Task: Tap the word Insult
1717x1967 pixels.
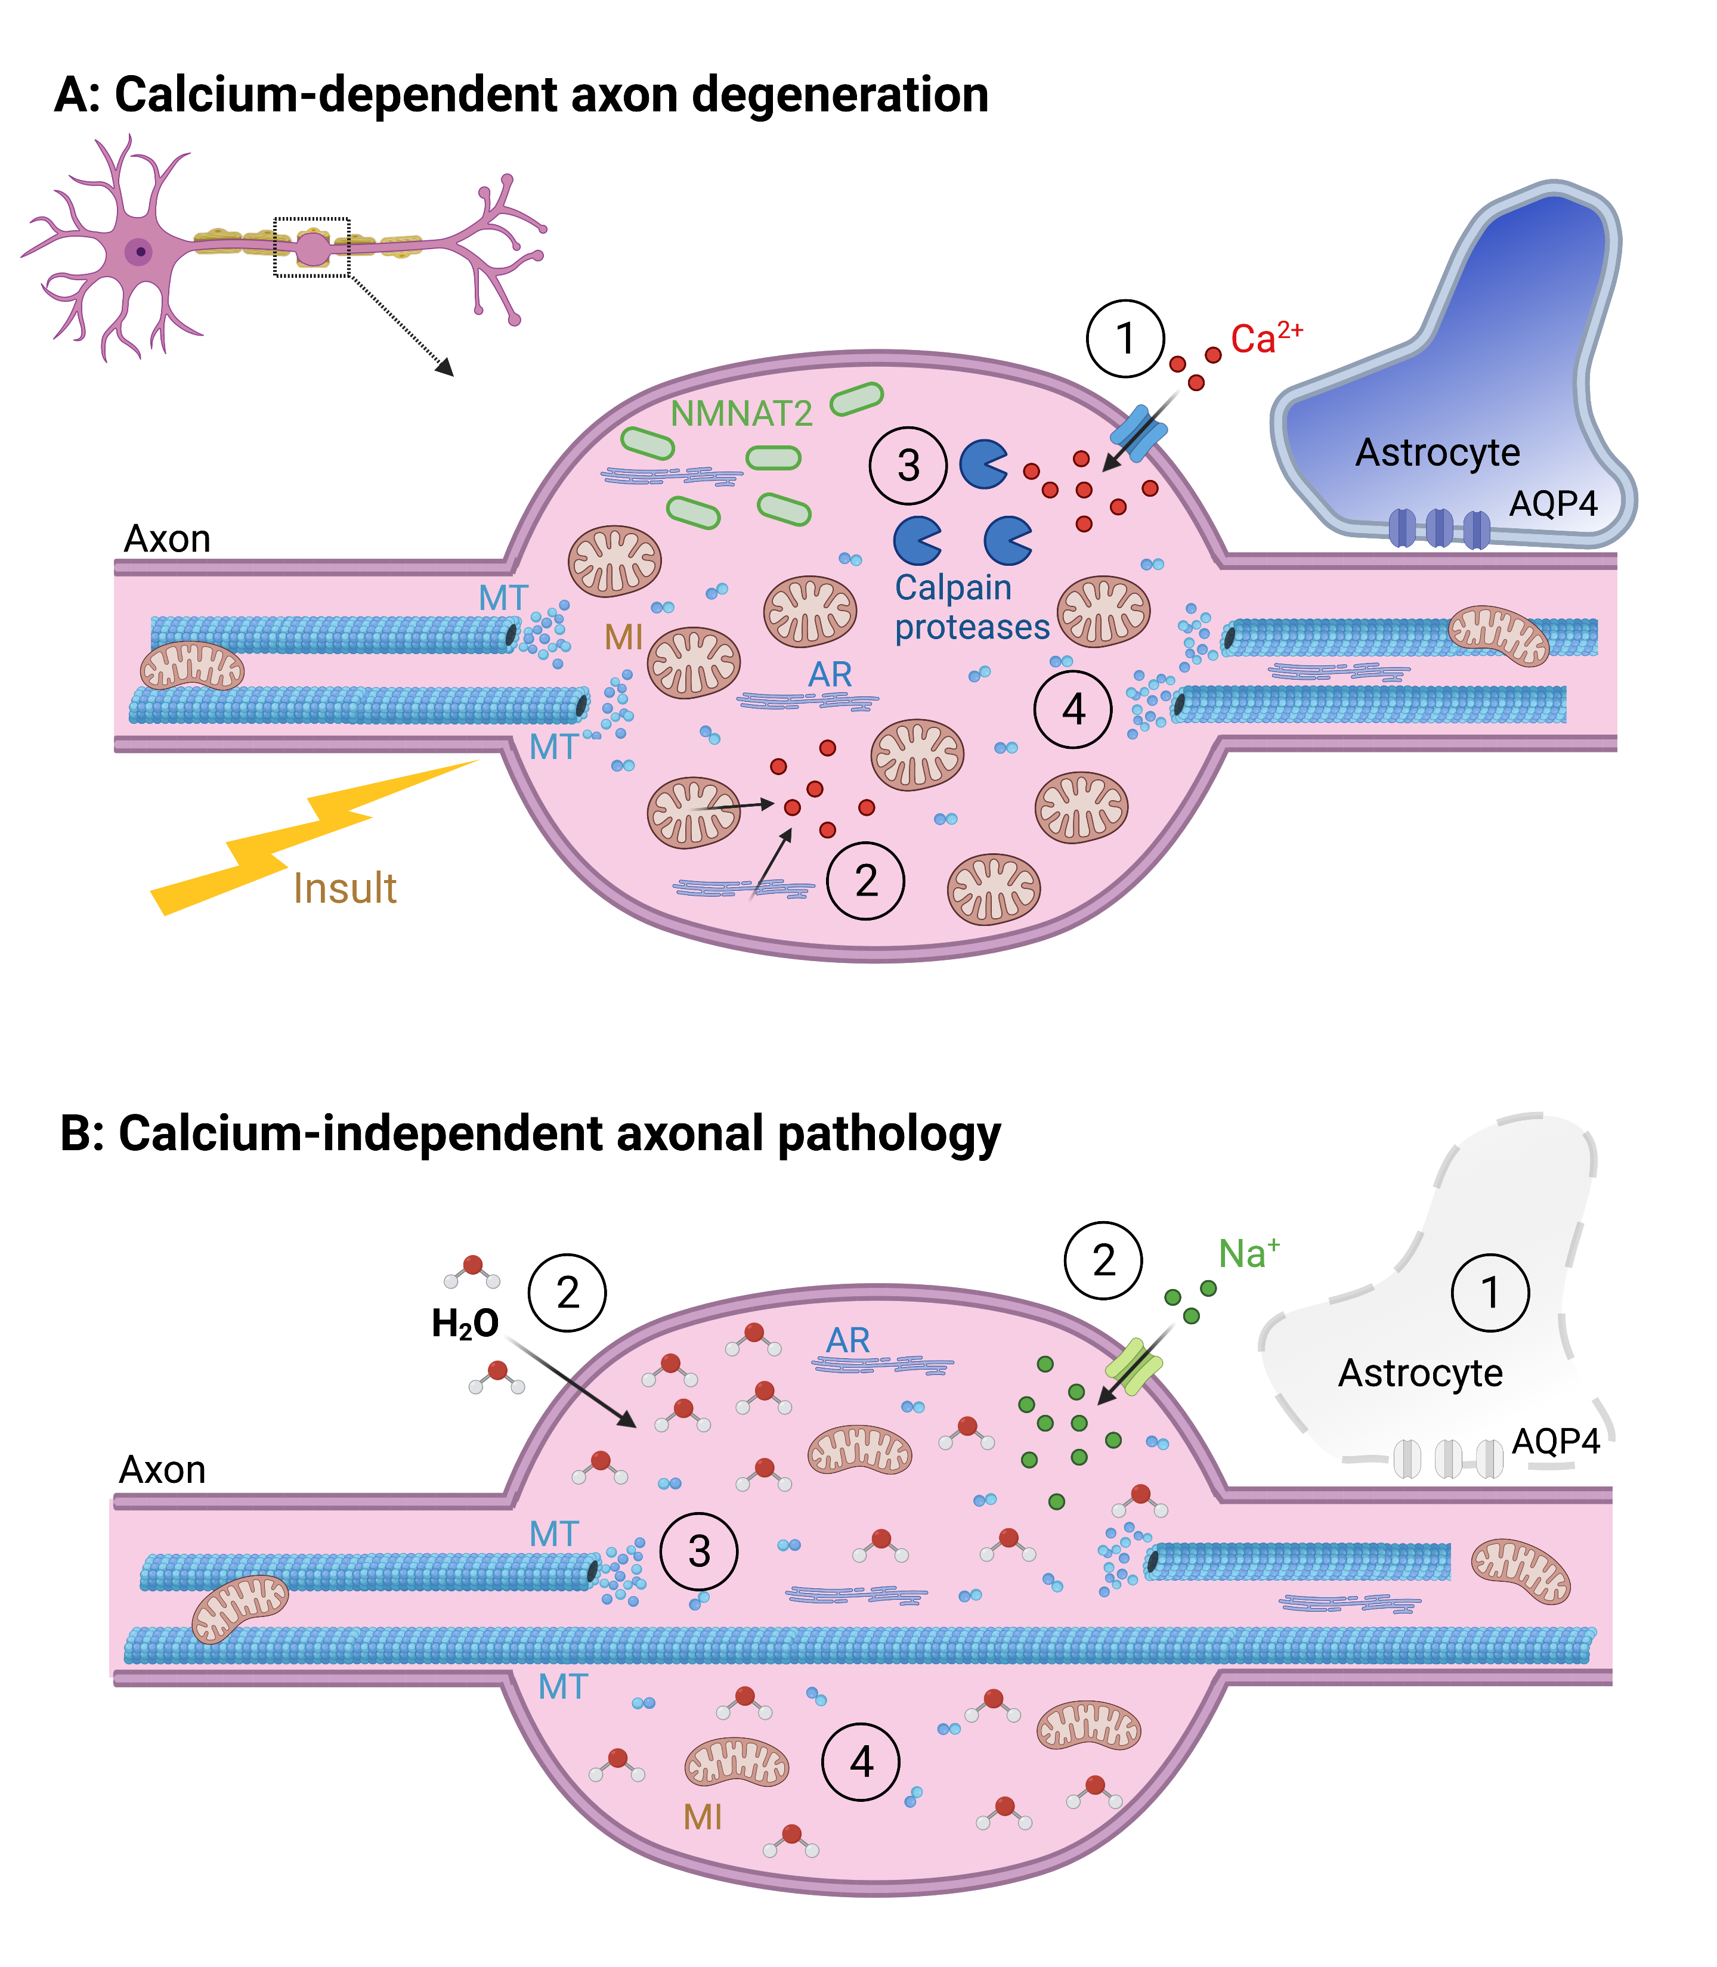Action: (345, 888)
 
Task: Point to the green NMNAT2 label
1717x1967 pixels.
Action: (741, 414)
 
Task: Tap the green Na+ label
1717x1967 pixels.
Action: (1248, 1253)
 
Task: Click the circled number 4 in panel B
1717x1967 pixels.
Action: (861, 1761)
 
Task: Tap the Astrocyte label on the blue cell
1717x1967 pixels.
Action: (1437, 452)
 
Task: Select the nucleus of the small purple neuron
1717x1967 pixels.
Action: (140, 252)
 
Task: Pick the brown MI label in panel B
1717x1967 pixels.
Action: (703, 1817)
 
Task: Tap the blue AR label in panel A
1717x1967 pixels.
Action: (830, 674)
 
